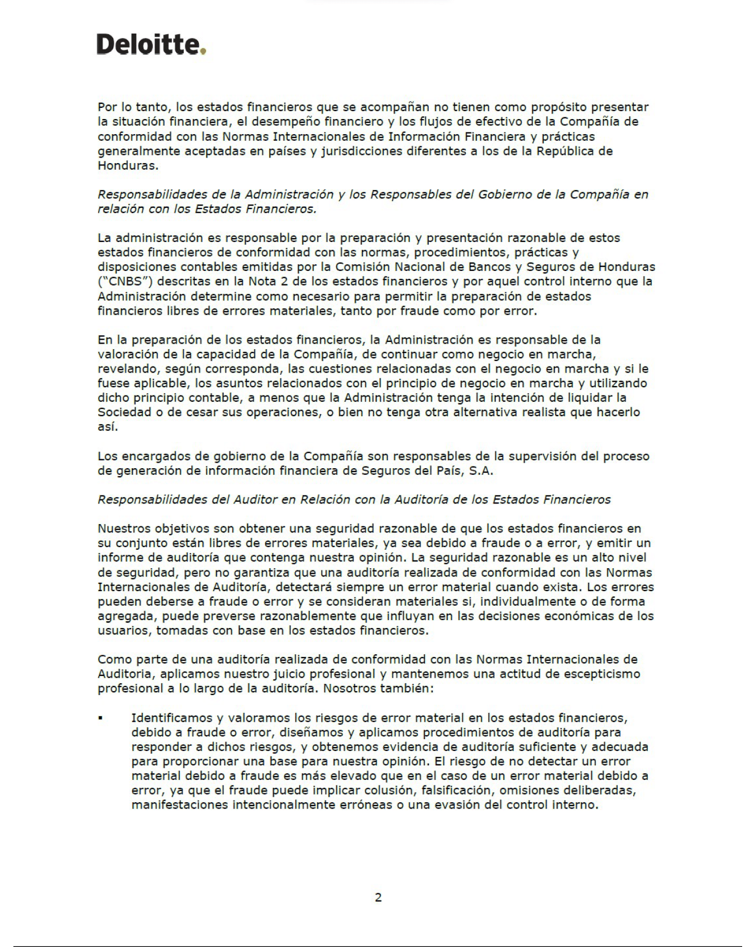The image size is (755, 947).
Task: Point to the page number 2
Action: pyautogui.click(x=378, y=898)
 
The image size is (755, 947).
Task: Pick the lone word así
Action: pyautogui.click(x=108, y=427)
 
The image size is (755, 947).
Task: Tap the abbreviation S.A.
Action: pyautogui.click(x=481, y=470)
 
